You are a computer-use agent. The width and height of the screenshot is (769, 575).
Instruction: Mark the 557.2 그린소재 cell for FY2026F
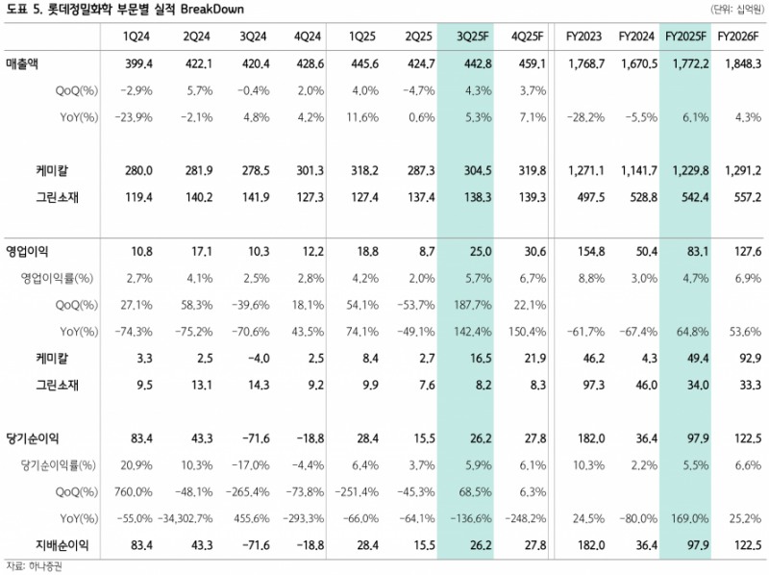[x=745, y=196]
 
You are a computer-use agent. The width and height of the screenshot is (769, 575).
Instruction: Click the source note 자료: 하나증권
[x=33, y=565]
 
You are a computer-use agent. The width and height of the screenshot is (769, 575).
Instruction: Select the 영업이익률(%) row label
[x=59, y=278]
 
